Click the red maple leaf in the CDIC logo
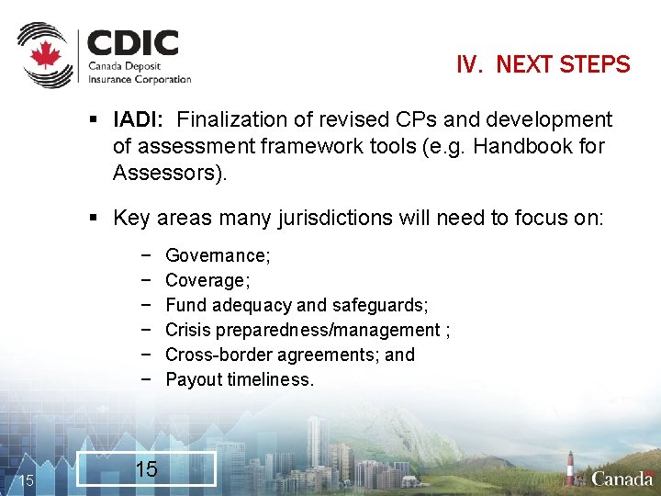(x=45, y=56)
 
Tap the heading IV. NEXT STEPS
(x=543, y=65)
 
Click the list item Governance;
(x=218, y=255)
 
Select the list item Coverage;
(x=207, y=280)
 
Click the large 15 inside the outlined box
(x=146, y=469)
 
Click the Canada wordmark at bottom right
(x=622, y=478)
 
